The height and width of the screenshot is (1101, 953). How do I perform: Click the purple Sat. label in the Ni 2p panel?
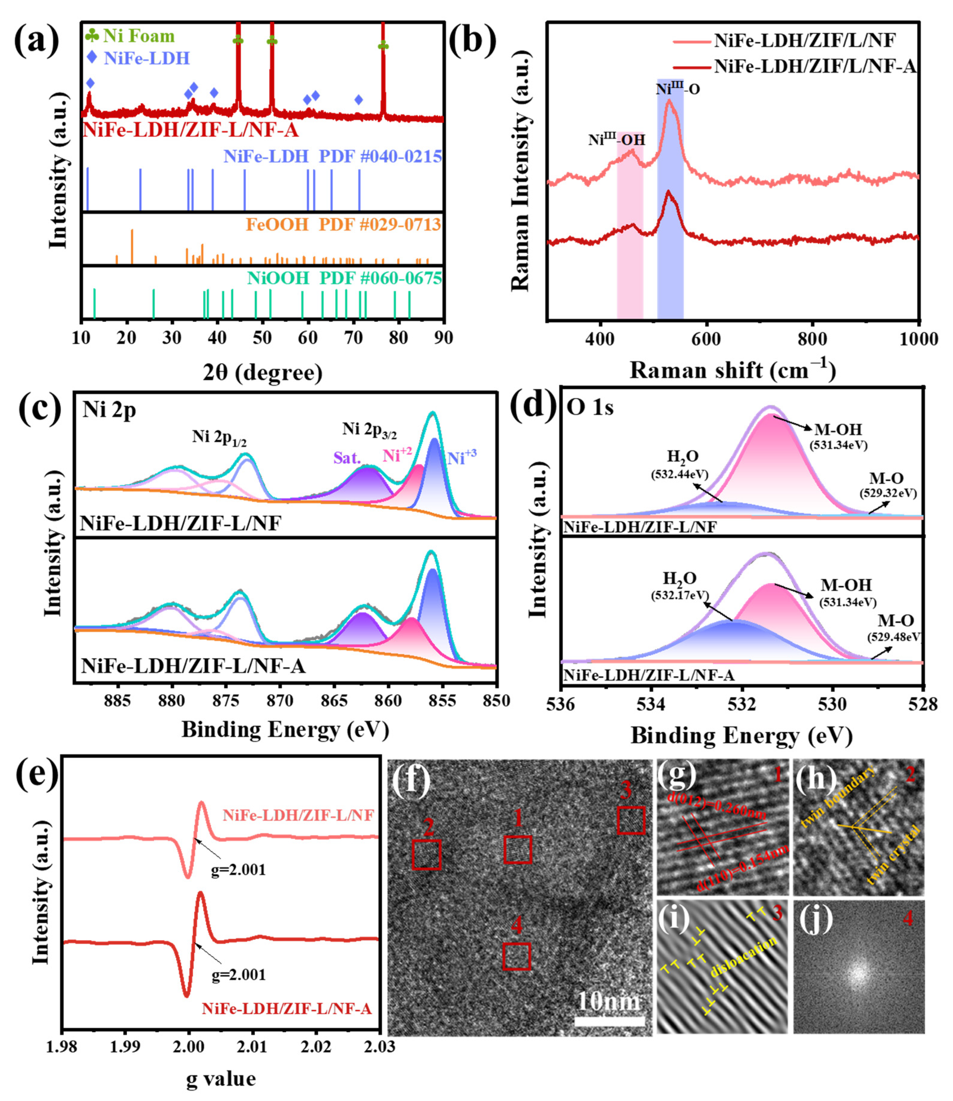(347, 458)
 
